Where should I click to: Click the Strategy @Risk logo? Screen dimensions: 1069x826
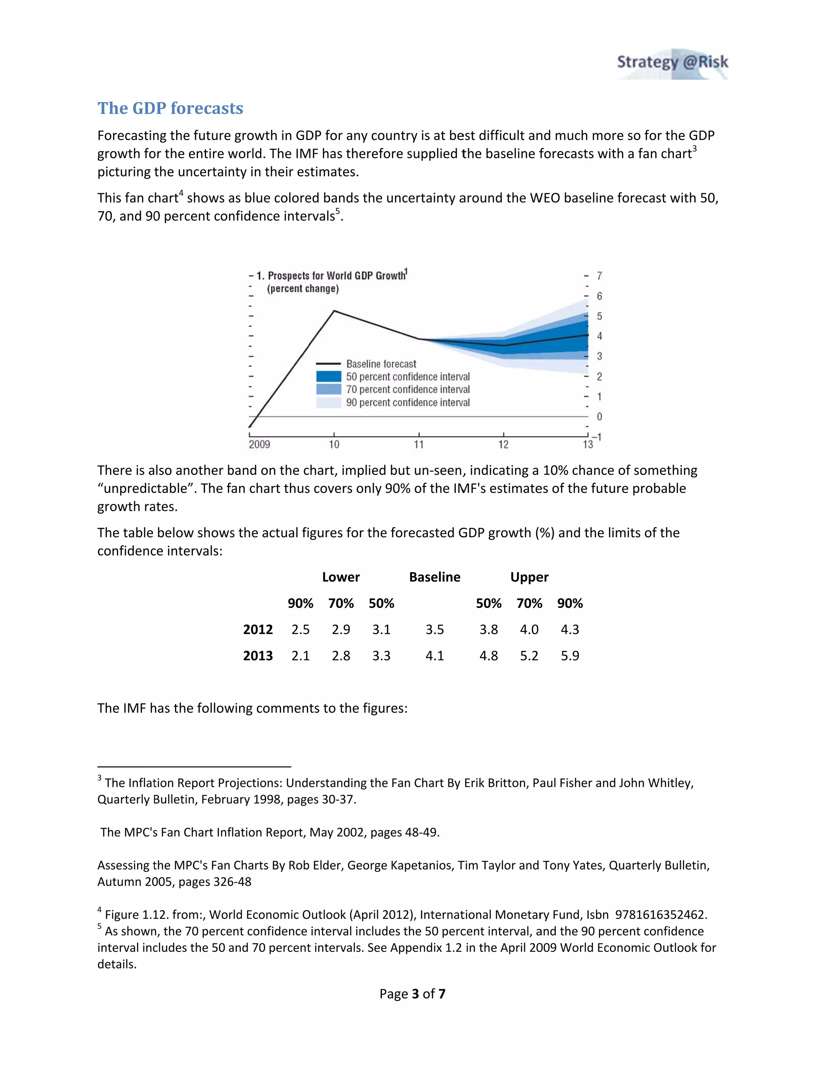coord(672,64)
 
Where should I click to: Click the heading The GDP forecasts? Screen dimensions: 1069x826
coord(170,108)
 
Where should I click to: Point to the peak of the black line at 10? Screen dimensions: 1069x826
coord(334,311)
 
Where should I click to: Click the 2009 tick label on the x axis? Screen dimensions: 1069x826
coord(259,445)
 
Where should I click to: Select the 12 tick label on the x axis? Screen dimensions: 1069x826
coord(503,445)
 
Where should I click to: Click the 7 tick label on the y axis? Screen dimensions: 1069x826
coord(599,276)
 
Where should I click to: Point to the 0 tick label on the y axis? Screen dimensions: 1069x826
coord(599,417)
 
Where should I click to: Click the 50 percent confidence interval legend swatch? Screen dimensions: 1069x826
coord(328,376)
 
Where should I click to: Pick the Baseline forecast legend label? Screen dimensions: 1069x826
coord(381,364)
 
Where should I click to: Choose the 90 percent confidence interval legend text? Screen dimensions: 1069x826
coord(408,402)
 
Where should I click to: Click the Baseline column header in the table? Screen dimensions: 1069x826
coord(434,577)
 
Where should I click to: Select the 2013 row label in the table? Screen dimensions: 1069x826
coord(258,656)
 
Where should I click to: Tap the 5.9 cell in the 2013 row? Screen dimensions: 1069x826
coord(569,656)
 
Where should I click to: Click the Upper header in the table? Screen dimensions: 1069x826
coord(529,577)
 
